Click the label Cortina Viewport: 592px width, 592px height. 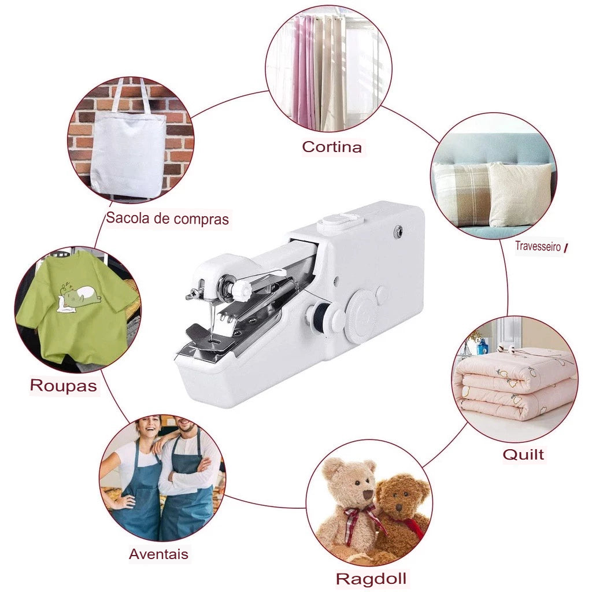click(332, 146)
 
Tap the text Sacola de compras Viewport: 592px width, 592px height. click(167, 219)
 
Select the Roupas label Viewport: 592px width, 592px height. click(64, 386)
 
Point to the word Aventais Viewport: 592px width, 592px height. click(158, 554)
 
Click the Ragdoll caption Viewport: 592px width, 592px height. click(371, 578)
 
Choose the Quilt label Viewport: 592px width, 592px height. click(523, 454)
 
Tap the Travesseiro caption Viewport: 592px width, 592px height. click(538, 246)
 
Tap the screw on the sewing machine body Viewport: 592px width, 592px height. click(397, 230)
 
